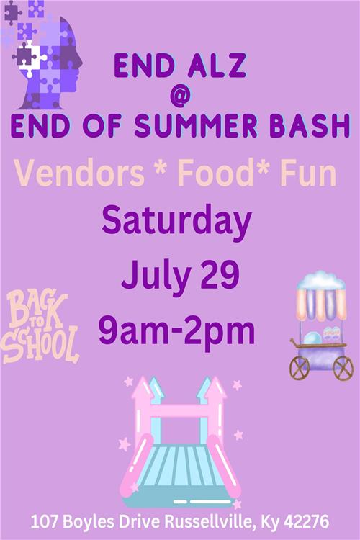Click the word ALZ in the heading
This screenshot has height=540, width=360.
pyautogui.click(x=217, y=66)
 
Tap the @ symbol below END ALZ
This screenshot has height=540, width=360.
pyautogui.click(x=180, y=95)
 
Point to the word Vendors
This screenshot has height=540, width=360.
pyautogui.click(x=79, y=174)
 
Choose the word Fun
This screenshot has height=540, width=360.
pyautogui.click(x=308, y=174)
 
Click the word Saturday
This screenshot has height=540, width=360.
pyautogui.click(x=176, y=222)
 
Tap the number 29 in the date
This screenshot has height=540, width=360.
pyautogui.click(x=220, y=274)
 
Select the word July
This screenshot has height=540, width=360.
pyautogui.click(x=156, y=278)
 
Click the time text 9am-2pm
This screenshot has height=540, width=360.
pyautogui.click(x=176, y=331)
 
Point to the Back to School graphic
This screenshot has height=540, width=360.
pyautogui.click(x=40, y=326)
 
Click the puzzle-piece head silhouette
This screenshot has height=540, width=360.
pyautogui.click(x=43, y=57)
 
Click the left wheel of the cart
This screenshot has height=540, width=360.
pyautogui.click(x=299, y=368)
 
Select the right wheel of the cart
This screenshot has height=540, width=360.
pyautogui.click(x=343, y=368)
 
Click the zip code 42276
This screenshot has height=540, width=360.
pyautogui.click(x=306, y=522)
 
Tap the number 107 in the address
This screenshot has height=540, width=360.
pyautogui.click(x=45, y=522)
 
